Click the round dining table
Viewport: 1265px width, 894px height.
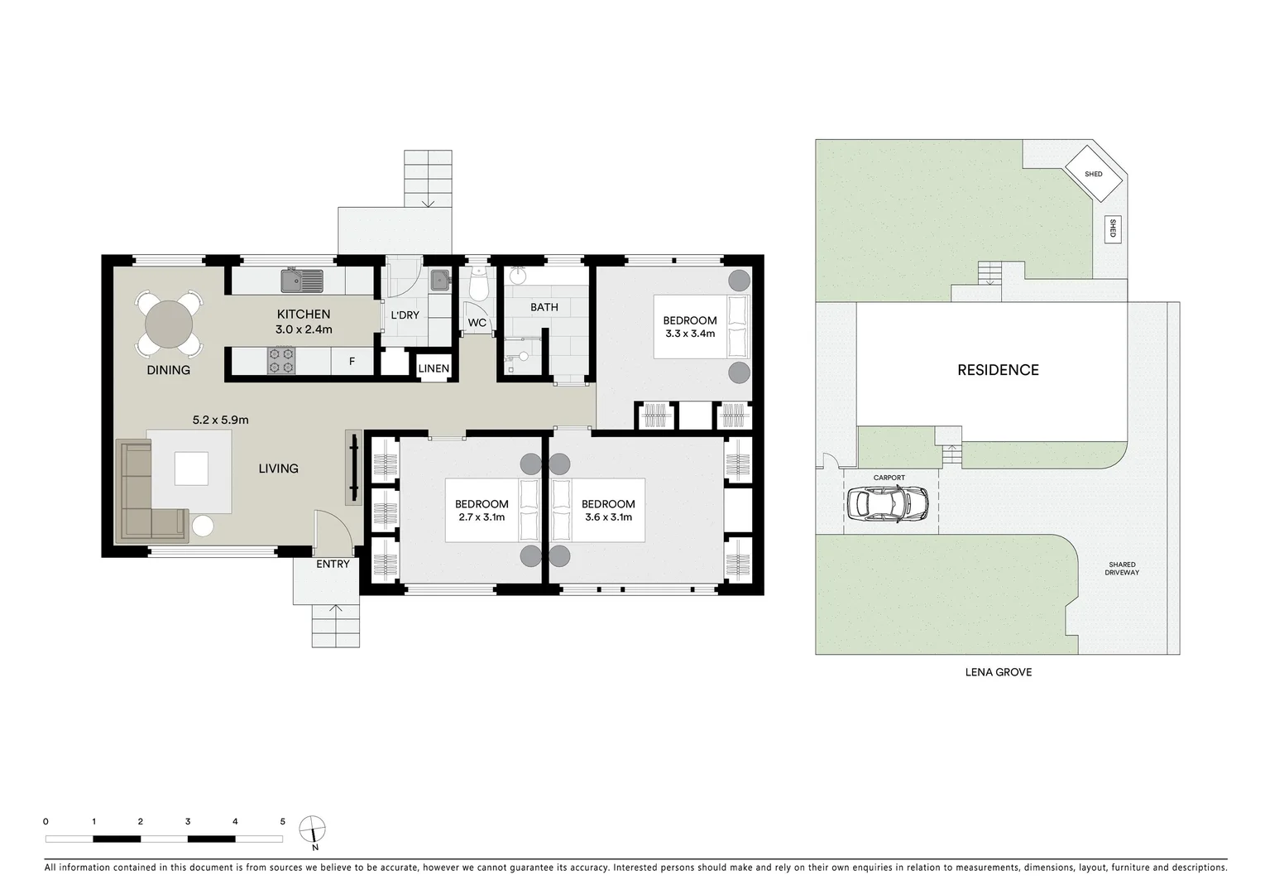[x=168, y=322]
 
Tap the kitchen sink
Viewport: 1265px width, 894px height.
[x=301, y=281]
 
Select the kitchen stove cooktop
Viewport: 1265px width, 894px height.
[x=280, y=360]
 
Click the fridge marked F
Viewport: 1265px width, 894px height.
[x=352, y=362]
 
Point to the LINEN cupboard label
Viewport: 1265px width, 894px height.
[x=434, y=369]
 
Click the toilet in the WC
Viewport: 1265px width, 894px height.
[x=478, y=286]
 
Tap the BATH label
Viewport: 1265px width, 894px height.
[x=544, y=307]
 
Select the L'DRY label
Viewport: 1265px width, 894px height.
[x=405, y=315]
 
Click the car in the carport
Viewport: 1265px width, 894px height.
[x=887, y=502]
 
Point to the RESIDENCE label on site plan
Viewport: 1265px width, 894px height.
[x=998, y=370]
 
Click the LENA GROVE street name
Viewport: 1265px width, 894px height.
[x=998, y=672]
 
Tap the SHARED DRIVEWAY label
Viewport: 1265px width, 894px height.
[x=1122, y=569]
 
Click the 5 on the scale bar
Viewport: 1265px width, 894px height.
[x=282, y=822]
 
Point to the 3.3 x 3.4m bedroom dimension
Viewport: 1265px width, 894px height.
[x=690, y=334]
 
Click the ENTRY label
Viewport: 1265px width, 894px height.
[x=333, y=564]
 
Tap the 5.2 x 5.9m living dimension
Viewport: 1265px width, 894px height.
[x=220, y=420]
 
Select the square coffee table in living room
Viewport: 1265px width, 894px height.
[x=191, y=469]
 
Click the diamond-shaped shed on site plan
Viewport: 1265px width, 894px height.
[x=1093, y=174]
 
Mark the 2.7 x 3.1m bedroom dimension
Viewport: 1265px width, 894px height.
[x=482, y=517]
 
